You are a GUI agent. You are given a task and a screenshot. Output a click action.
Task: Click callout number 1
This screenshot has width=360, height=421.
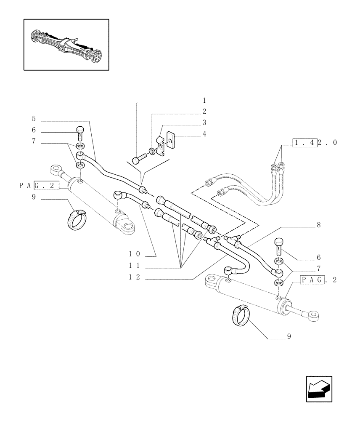click(x=204, y=101)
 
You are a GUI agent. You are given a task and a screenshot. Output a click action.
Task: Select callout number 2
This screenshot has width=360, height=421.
click(x=204, y=112)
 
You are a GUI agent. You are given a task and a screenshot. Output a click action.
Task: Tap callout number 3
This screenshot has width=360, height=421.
click(x=204, y=123)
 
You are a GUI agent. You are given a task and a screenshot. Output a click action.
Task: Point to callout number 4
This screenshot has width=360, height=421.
click(x=204, y=134)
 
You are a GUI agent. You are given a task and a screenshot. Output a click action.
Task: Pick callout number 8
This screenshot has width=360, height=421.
click(x=318, y=225)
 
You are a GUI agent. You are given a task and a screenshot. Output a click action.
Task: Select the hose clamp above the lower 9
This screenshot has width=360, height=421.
click(x=239, y=315)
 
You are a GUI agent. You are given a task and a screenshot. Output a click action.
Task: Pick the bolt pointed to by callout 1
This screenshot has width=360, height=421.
click(x=138, y=160)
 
